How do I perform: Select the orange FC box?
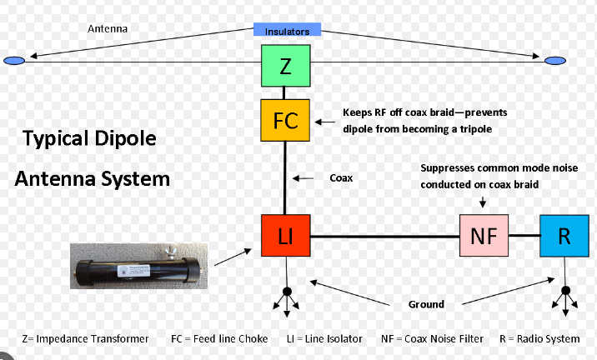(286, 119)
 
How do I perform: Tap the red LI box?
(286, 236)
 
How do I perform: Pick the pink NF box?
(484, 236)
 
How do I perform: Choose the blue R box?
(564, 236)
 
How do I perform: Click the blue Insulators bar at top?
(287, 31)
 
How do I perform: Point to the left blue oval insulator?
(15, 61)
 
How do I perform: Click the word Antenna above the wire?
(108, 28)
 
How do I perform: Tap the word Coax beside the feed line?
(343, 177)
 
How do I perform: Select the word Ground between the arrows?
(425, 303)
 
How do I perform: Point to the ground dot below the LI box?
(287, 292)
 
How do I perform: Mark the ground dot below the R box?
(565, 292)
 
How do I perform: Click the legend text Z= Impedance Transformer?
(85, 338)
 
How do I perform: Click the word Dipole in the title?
(125, 138)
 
